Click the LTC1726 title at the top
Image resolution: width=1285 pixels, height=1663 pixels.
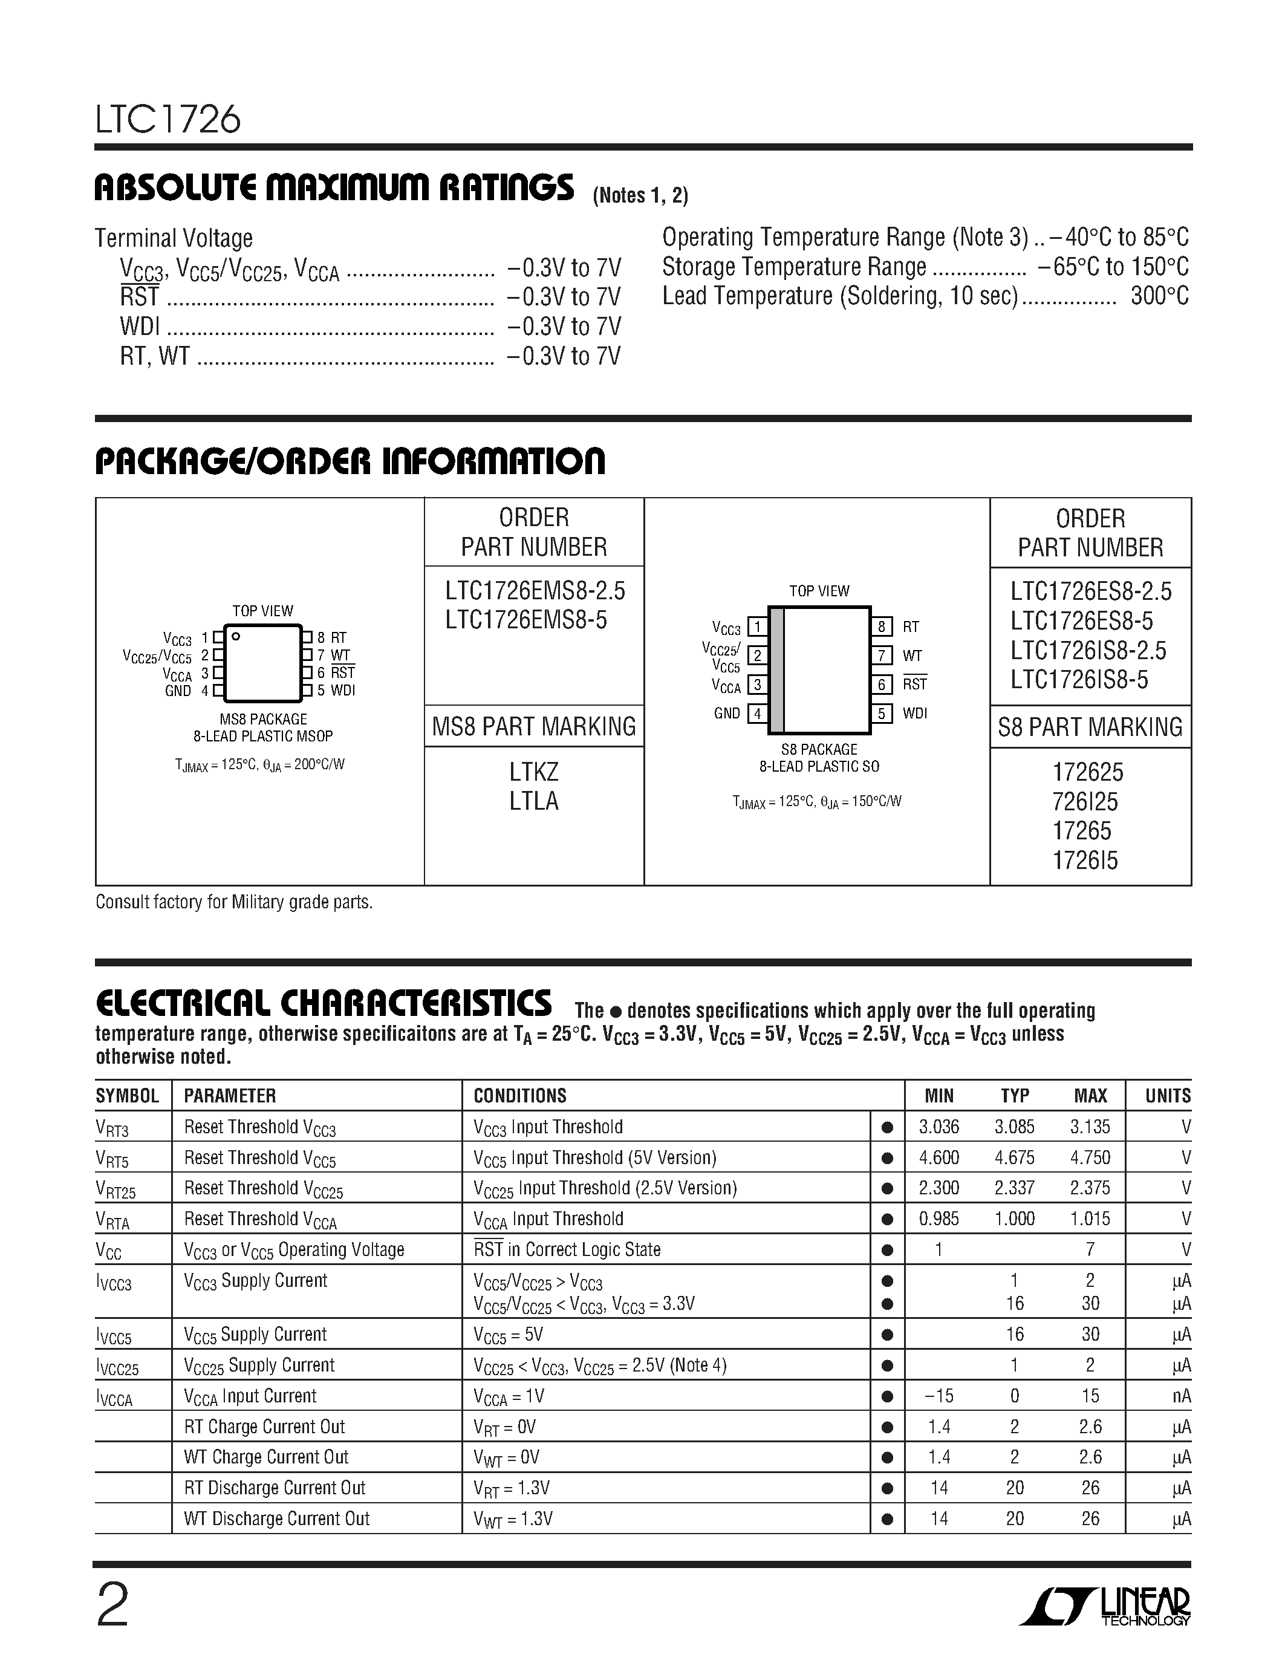coord(168,120)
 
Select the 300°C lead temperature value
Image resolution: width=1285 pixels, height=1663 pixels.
coord(1159,296)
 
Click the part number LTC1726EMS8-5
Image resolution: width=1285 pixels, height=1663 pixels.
coord(526,620)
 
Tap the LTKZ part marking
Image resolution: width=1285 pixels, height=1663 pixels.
coord(533,772)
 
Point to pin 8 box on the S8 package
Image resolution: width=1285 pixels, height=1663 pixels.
coord(882,626)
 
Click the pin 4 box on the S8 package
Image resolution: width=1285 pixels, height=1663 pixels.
coord(758,714)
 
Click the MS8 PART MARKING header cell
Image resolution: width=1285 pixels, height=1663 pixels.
coord(533,726)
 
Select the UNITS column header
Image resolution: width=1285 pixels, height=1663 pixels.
coord(1167,1096)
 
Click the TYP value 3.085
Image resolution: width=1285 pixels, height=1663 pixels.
coord(1014,1127)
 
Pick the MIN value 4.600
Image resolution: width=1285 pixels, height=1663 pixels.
coord(939,1157)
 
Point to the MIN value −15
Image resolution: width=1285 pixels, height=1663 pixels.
coord(938,1396)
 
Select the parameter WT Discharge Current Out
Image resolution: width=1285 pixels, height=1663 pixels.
coord(276,1519)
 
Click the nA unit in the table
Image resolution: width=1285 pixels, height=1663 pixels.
coord(1181,1396)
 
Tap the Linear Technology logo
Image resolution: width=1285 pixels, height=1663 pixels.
coord(1105,1607)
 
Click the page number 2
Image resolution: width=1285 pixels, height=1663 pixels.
coord(112,1605)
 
